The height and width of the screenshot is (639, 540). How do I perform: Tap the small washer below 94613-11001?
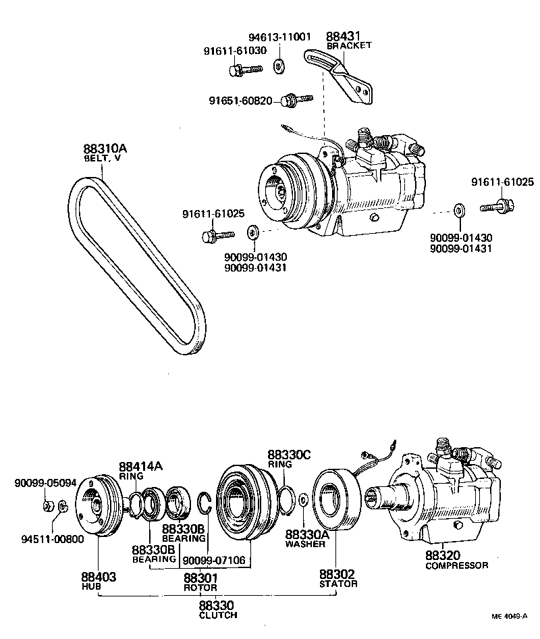pos(278,66)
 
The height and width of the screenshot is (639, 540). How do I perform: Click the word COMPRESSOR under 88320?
pos(456,565)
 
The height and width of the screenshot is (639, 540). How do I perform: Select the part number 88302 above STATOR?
pos(337,574)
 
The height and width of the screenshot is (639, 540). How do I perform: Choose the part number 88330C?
pos(289,455)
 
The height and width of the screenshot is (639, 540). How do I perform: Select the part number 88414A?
pos(140,466)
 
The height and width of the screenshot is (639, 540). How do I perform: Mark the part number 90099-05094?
pos(45,484)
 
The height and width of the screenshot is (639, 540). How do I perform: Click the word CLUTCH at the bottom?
pos(218,615)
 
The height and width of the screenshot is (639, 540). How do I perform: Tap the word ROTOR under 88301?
pos(200,587)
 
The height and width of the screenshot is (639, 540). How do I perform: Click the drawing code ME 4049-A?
pos(509,616)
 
